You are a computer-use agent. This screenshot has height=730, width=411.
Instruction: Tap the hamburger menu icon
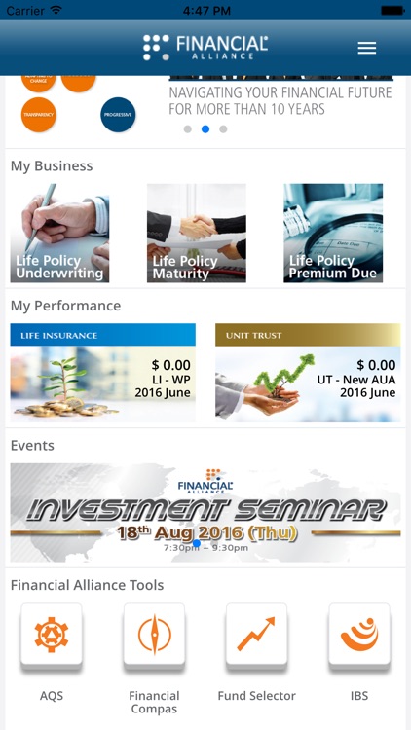click(367, 48)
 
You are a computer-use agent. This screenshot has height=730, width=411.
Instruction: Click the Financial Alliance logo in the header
click(205, 47)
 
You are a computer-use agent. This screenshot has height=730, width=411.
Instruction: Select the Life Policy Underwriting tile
click(59, 234)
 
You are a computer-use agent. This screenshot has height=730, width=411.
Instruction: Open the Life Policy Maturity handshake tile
click(196, 234)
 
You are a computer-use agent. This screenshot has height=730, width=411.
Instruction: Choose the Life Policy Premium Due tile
click(333, 234)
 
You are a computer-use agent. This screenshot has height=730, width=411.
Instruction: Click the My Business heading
click(52, 166)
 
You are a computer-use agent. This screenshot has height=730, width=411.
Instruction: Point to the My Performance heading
click(65, 306)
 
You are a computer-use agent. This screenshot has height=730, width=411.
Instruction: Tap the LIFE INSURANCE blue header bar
click(102, 335)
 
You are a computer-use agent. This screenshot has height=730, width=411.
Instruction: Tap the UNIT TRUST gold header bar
click(307, 335)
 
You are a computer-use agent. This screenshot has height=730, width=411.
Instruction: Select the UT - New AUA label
click(356, 380)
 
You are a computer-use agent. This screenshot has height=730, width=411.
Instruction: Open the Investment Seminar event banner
click(205, 512)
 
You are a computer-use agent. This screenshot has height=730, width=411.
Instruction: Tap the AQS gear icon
click(52, 636)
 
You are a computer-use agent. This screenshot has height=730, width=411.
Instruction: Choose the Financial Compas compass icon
click(154, 636)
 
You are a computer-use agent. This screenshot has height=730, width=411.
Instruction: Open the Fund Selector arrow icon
click(256, 636)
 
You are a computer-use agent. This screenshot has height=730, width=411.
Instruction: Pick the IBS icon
click(359, 636)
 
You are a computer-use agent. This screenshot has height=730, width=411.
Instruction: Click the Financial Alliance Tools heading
click(87, 585)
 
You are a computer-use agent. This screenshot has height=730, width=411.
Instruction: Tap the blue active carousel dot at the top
click(205, 128)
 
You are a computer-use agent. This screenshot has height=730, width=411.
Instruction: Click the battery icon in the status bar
click(392, 10)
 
